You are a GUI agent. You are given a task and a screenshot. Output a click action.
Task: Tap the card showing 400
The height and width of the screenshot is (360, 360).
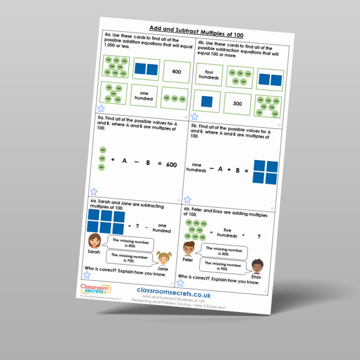[x=176, y=71]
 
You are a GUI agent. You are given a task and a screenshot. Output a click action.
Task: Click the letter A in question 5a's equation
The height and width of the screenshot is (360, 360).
[x=125, y=161]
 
